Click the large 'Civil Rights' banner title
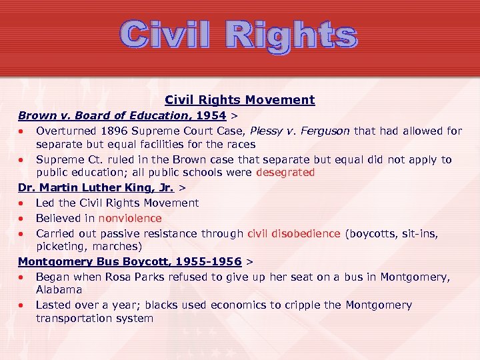click(239, 36)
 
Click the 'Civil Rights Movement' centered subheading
click(239, 100)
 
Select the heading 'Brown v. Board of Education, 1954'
click(122, 115)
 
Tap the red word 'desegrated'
click(285, 173)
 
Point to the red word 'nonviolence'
click(130, 219)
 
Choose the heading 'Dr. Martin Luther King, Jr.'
click(96, 188)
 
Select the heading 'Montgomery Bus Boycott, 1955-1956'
click(129, 261)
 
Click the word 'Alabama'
click(59, 290)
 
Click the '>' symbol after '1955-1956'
click(249, 261)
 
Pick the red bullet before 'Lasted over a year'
click(22, 306)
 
